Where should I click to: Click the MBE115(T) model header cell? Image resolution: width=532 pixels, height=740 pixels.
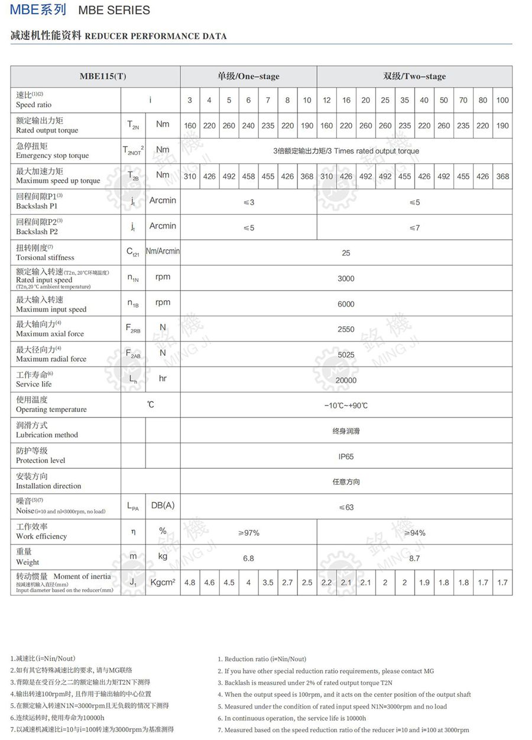(x=95, y=76)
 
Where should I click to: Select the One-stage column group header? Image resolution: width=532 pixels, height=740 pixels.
(x=248, y=76)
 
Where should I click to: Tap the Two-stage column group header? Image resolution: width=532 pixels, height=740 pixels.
(x=414, y=76)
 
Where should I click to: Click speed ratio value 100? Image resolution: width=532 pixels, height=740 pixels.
(x=502, y=100)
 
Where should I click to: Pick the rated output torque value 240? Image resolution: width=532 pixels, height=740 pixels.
(x=248, y=126)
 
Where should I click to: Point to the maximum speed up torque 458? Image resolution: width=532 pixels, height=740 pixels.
(x=248, y=176)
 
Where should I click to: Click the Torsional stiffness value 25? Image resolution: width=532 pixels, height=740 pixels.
(x=346, y=253)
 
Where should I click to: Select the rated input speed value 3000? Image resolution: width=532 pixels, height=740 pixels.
(x=346, y=278)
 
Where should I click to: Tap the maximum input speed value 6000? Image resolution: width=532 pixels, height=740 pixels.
(x=346, y=304)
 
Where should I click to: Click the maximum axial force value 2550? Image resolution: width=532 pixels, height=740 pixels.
(x=346, y=329)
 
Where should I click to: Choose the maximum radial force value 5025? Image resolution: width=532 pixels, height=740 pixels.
(x=346, y=355)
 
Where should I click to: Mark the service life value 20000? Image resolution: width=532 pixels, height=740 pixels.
(x=346, y=380)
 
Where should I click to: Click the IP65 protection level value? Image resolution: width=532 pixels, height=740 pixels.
(x=346, y=456)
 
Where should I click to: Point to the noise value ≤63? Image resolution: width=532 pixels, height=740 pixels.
(x=346, y=507)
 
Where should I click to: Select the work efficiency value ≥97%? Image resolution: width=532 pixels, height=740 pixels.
(x=248, y=533)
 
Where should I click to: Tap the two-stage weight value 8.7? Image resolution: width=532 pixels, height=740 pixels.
(x=414, y=558)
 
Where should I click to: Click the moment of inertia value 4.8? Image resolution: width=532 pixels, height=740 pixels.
(x=190, y=583)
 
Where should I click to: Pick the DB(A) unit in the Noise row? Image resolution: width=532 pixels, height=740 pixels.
(x=163, y=506)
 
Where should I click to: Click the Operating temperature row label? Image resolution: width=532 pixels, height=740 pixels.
(x=51, y=405)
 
